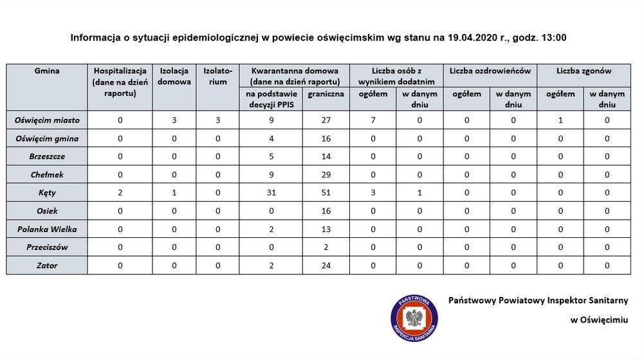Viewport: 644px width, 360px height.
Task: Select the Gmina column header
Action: coord(47,71)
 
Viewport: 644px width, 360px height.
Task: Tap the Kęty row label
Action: coord(47,192)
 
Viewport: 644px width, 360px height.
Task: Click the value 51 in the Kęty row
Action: coord(326,192)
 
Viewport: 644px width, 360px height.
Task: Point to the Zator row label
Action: coord(47,265)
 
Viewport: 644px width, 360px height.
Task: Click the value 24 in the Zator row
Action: coord(326,265)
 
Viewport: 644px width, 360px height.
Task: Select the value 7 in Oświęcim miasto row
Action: coord(373,120)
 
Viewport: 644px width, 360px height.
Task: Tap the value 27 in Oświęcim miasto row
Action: coord(326,120)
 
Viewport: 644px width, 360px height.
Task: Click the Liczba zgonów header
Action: coord(584,71)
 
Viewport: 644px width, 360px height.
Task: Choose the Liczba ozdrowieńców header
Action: coord(490,71)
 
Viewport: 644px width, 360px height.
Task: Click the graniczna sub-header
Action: coord(326,94)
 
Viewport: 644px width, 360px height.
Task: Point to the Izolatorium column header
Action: coord(217,76)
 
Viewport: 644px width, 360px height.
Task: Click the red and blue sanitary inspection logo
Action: coord(414,318)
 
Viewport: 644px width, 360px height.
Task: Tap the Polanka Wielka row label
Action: coord(47,229)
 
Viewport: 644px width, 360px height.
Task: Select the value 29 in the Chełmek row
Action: coord(326,174)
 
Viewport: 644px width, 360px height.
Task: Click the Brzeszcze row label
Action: coord(47,156)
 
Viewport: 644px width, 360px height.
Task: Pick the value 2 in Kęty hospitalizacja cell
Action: coord(120,192)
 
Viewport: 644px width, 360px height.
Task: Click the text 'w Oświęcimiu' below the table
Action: coord(599,319)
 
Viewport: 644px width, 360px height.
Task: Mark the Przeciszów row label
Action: coord(47,247)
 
